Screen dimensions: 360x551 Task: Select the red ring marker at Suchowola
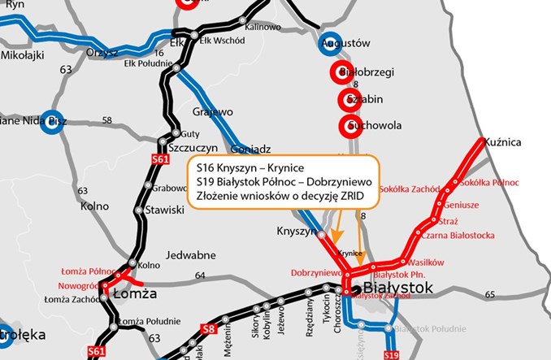351,126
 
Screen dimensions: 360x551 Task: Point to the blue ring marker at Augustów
329,45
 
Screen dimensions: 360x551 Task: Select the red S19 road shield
391,354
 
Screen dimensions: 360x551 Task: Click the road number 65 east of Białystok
489,294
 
